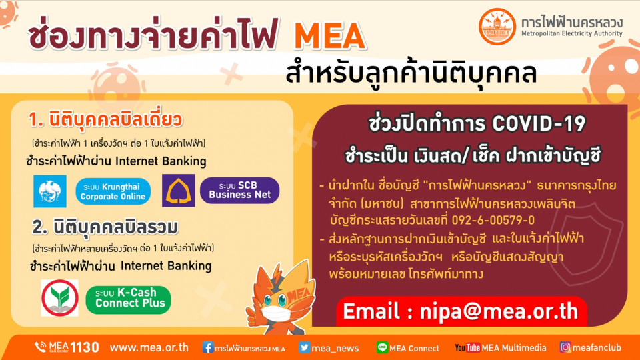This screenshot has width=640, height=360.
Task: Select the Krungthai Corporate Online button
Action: point(113,191)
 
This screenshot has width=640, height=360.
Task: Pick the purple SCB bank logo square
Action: point(179,191)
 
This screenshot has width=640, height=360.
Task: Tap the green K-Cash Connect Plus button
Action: point(128,299)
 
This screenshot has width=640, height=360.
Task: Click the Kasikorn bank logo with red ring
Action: point(60,298)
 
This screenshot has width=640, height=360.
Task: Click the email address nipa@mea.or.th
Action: point(461,311)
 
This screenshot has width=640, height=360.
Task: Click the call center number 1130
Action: point(85,347)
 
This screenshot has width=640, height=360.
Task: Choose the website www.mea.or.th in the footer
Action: point(149,347)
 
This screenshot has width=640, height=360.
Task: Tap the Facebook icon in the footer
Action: point(207,347)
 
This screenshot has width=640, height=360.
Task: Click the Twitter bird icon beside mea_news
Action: point(304,347)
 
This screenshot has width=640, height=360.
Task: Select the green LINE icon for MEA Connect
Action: point(382,347)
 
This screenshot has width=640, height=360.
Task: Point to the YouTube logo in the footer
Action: point(468,348)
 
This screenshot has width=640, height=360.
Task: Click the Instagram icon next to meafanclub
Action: point(565,347)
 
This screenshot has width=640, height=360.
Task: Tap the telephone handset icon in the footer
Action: point(41,347)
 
